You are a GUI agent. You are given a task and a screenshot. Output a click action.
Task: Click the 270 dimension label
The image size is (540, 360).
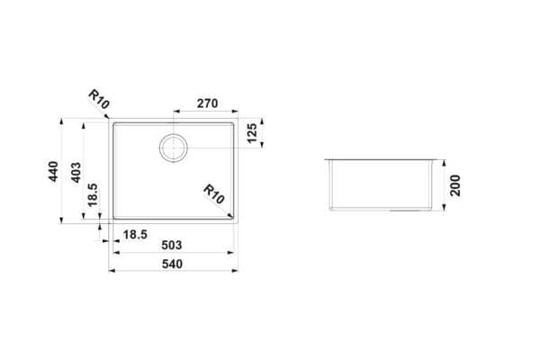(207, 103)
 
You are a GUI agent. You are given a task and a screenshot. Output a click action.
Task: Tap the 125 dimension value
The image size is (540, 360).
(252, 133)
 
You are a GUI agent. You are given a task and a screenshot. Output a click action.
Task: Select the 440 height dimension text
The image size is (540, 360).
(53, 171)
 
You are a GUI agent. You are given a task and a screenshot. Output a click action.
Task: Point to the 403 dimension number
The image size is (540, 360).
(76, 172)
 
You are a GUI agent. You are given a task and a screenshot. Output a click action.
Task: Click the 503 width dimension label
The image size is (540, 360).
(172, 246)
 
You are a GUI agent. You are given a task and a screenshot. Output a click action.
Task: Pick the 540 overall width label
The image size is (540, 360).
(172, 265)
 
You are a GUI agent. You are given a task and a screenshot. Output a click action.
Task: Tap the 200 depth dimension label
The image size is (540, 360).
(455, 185)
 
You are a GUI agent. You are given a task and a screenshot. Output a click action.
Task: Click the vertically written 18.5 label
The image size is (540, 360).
(93, 195)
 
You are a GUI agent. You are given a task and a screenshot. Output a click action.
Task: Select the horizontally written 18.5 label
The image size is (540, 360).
(135, 235)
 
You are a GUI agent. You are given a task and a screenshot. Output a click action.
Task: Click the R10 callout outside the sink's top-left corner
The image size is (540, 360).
(99, 99)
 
